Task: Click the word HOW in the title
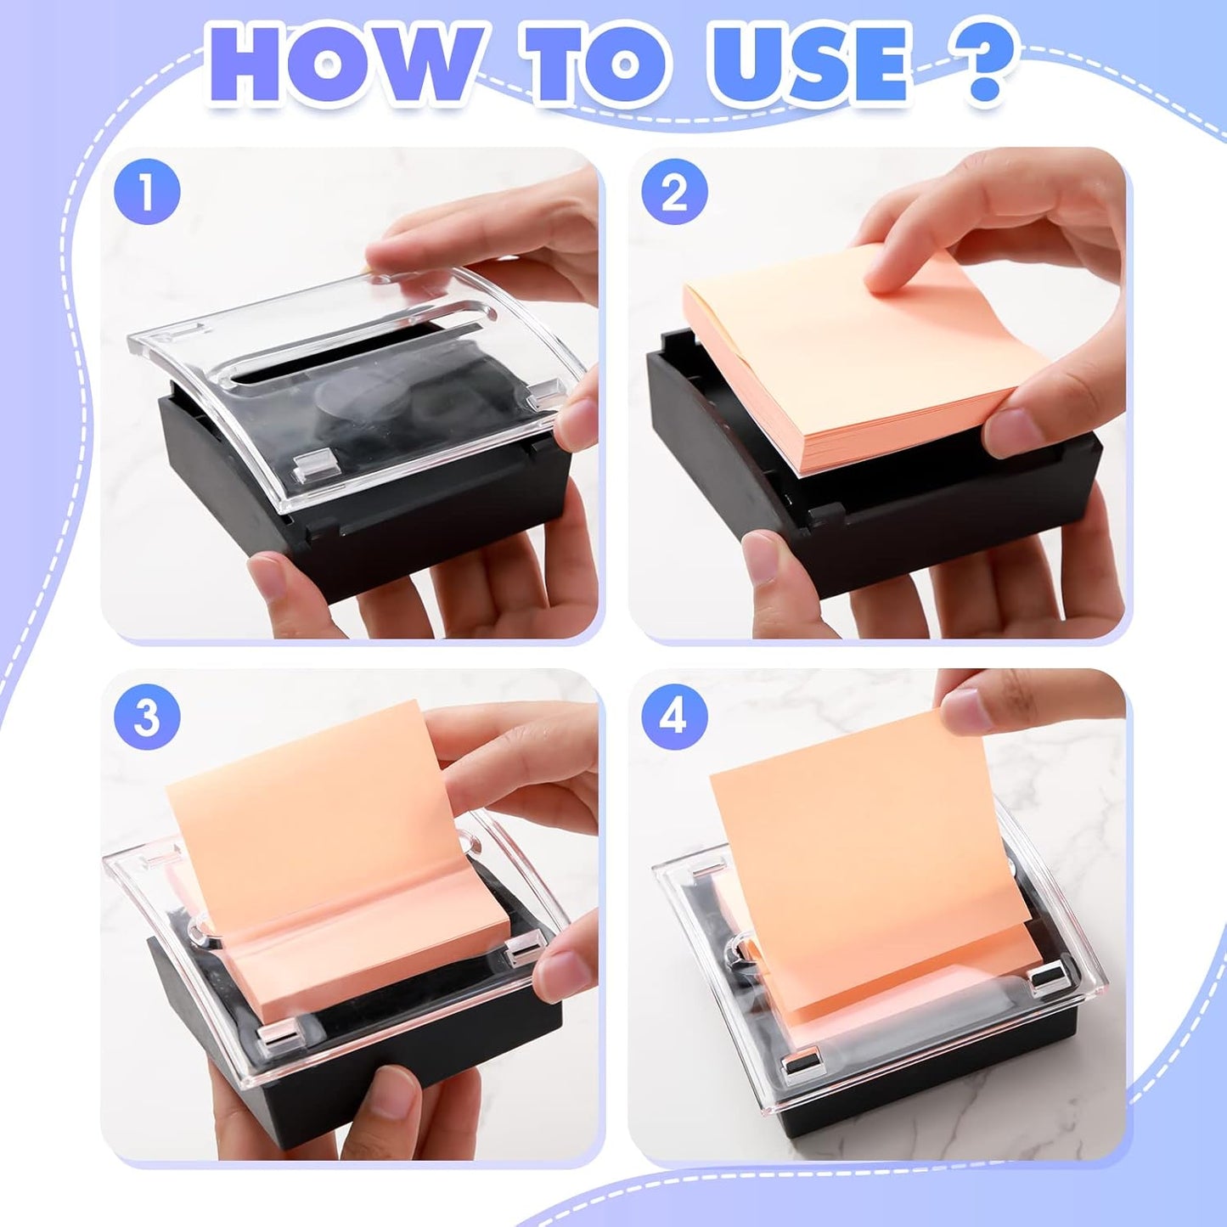point(344,66)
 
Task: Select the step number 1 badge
point(147,193)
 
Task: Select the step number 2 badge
point(674,193)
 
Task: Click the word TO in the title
point(594,66)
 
